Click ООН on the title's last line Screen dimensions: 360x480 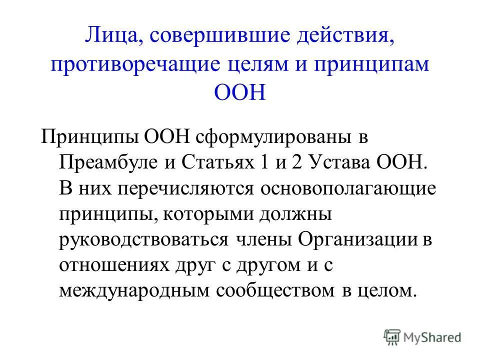pos(239,93)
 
